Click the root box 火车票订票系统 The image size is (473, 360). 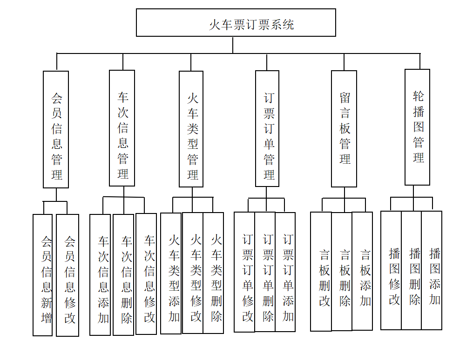[x=236, y=23]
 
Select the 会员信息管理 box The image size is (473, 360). [x=56, y=129]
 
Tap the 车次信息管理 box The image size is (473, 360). [x=122, y=128]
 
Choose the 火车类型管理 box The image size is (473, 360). [x=191, y=129]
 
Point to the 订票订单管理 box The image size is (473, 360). [x=267, y=129]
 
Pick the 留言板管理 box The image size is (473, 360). [x=344, y=129]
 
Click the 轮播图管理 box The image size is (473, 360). [x=417, y=127]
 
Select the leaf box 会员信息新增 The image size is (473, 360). [x=42, y=274]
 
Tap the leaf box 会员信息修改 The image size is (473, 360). [x=68, y=275]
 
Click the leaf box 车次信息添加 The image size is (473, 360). [x=100, y=274]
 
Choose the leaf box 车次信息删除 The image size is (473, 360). [x=123, y=274]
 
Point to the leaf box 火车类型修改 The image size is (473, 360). [x=193, y=273]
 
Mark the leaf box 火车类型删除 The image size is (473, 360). [x=213, y=273]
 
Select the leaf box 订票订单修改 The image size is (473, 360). [x=244, y=272]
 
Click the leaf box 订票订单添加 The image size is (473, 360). [x=285, y=272]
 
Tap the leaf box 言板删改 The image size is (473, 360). [x=321, y=272]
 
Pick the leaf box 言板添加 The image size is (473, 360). [x=362, y=271]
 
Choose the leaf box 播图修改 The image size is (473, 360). [x=391, y=270]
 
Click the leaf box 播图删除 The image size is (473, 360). [x=412, y=270]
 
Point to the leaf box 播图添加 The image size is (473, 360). [x=432, y=270]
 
